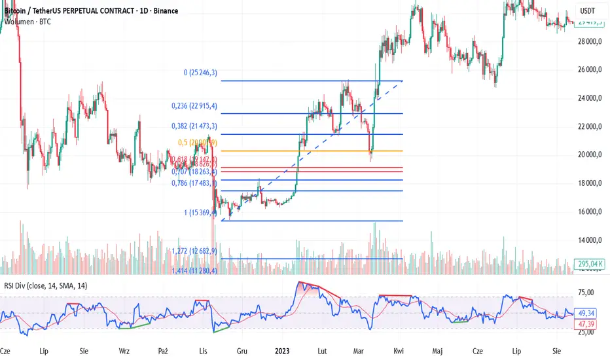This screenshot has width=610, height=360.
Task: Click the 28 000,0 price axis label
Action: click(591, 41)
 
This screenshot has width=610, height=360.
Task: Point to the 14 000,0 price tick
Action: click(591, 240)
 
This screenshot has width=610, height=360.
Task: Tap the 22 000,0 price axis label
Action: click(591, 126)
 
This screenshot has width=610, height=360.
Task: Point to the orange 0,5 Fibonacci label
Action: click(194, 143)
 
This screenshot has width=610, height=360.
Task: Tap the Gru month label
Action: click(242, 350)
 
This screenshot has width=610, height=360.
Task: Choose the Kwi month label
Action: click(399, 350)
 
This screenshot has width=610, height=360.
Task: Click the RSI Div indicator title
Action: click(46, 285)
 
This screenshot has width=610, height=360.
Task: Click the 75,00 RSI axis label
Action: click(591, 293)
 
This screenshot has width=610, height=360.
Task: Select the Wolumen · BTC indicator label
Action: click(27, 22)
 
